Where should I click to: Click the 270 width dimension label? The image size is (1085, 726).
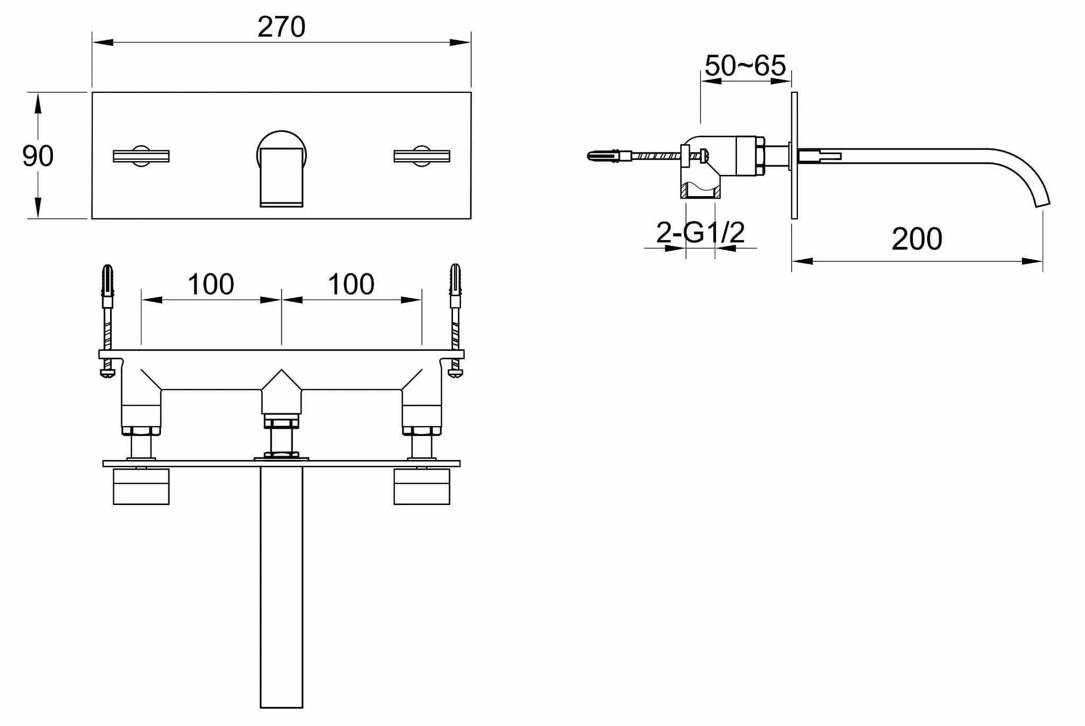pyautogui.click(x=281, y=27)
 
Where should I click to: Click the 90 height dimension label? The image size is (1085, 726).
pyautogui.click(x=38, y=156)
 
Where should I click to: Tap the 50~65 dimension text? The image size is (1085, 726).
pyautogui.click(x=745, y=66)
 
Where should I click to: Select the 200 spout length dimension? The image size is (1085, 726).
pyautogui.click(x=917, y=239)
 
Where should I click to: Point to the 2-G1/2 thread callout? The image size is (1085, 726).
pyautogui.click(x=700, y=232)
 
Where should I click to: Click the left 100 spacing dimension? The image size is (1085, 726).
pyautogui.click(x=211, y=285)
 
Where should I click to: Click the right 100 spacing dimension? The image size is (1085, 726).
pyautogui.click(x=351, y=285)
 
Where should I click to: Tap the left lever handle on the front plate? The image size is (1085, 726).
pyautogui.click(x=141, y=156)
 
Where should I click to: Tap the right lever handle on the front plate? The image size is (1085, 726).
pyautogui.click(x=422, y=156)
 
